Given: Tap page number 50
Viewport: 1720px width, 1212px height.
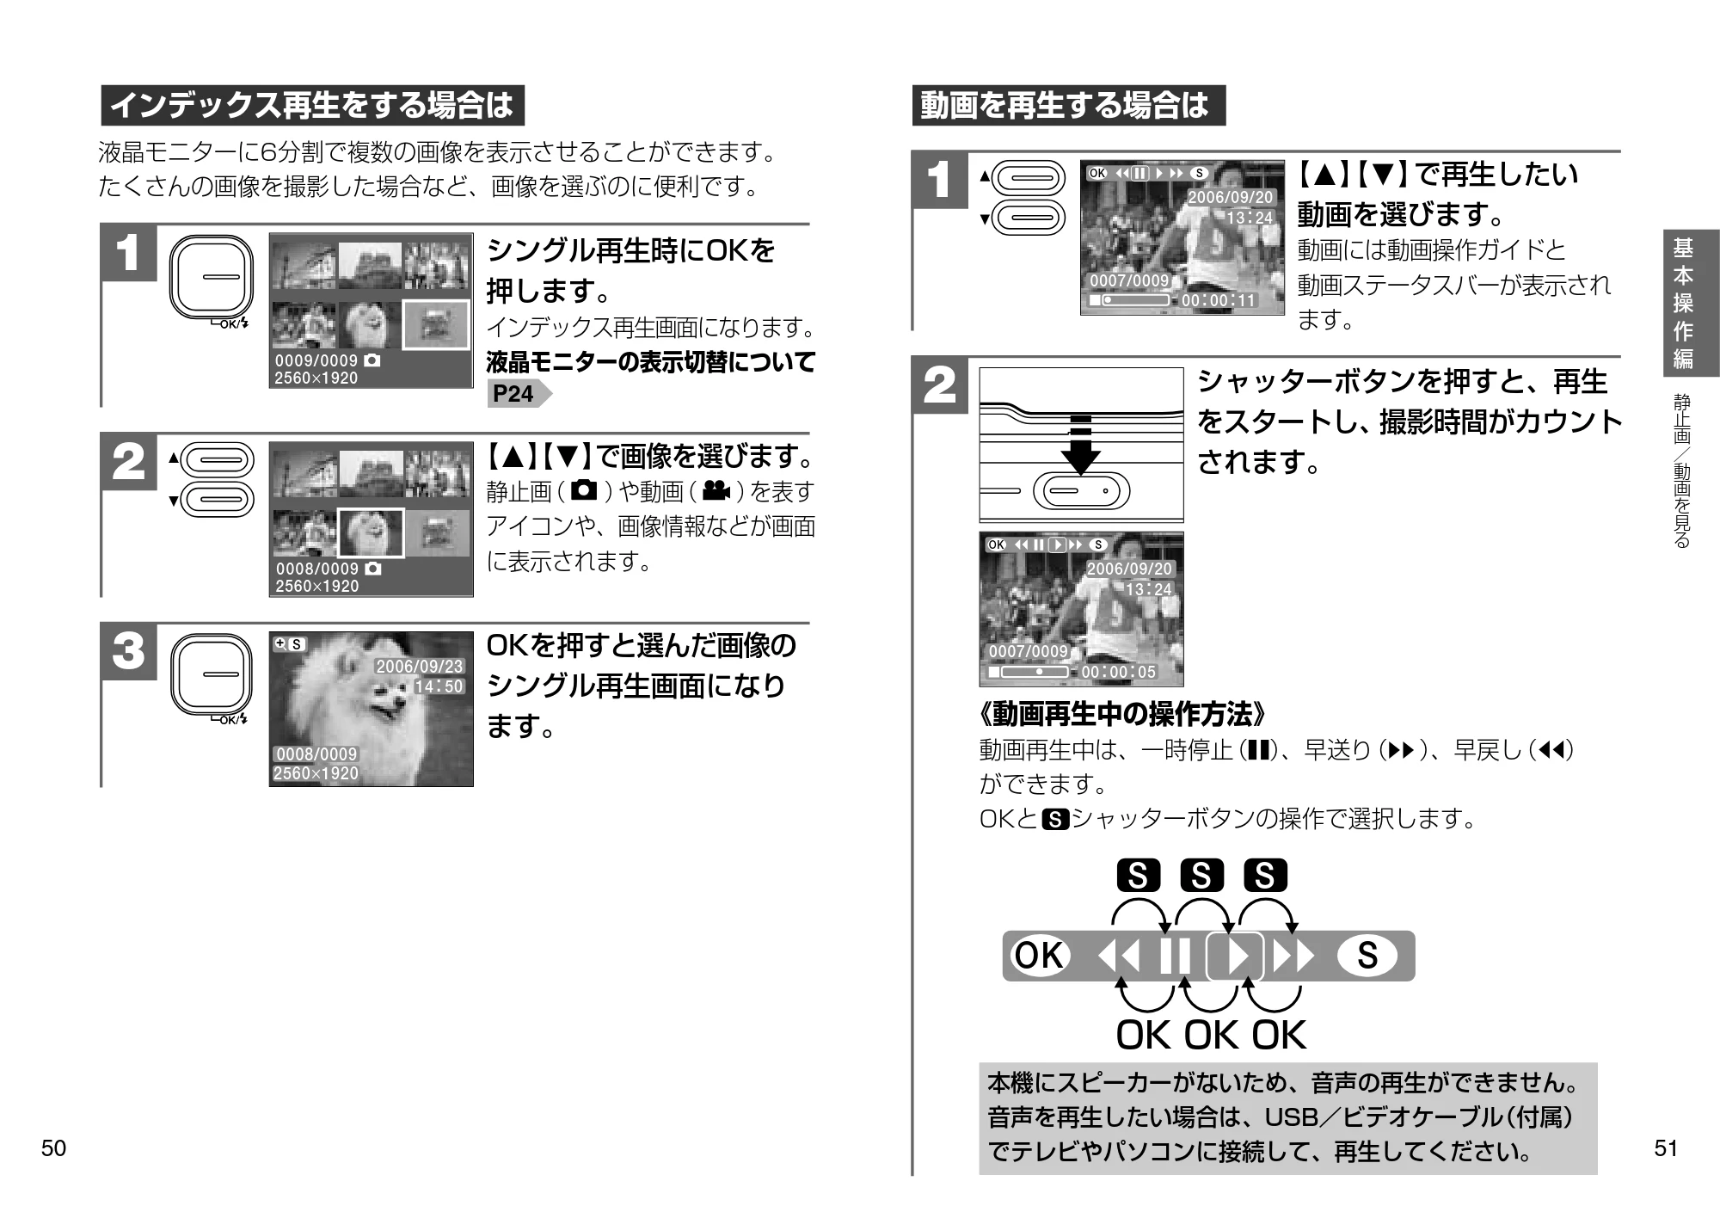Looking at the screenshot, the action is [53, 1149].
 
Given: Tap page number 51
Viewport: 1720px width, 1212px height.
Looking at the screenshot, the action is [1666, 1149].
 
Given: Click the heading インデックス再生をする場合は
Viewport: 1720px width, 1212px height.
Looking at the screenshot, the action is [313, 105].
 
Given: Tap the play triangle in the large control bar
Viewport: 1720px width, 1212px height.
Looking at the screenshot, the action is [1236, 956].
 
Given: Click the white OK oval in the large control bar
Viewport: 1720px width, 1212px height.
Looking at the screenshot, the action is [1040, 956].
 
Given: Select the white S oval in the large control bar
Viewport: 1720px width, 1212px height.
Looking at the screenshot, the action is [1367, 956].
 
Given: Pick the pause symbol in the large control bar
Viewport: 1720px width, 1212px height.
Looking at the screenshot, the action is [1175, 956].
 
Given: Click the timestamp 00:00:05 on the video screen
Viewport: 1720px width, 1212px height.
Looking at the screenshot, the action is [1118, 672].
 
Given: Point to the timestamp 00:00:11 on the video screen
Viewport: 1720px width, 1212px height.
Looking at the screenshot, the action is [1219, 300].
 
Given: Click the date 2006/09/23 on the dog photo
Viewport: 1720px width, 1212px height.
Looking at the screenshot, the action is [420, 667].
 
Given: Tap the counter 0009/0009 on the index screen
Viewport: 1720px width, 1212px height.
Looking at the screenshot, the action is [316, 360].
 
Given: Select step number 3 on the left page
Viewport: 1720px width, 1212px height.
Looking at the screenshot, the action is [129, 651].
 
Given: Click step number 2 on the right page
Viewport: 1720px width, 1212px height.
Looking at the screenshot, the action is [939, 385].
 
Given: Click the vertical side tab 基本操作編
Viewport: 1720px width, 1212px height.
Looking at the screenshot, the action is [1682, 303].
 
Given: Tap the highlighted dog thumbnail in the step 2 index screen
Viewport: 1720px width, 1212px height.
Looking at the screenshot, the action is [371, 532].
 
